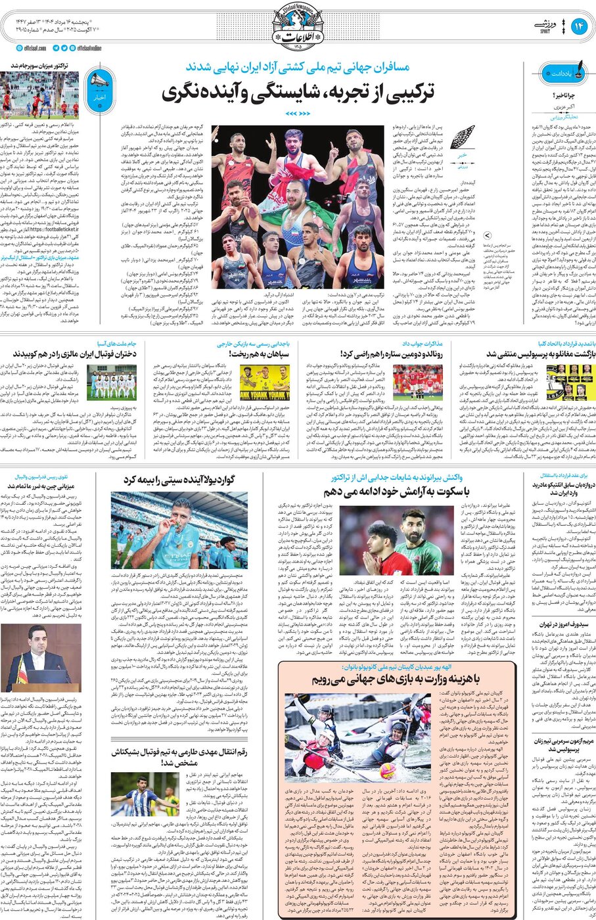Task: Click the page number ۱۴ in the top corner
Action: (x=579, y=26)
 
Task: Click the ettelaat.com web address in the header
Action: (x=32, y=48)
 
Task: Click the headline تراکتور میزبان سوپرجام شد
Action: (x=41, y=66)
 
